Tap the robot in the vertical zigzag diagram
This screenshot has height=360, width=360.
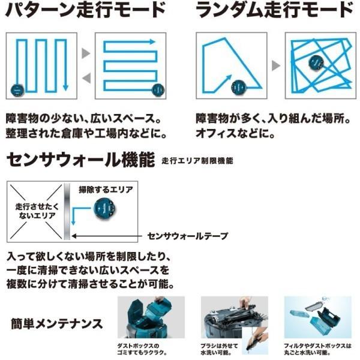tap(17, 91)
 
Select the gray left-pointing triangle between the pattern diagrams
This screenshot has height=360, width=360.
tap(86, 77)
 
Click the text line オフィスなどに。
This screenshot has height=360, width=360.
tap(236, 131)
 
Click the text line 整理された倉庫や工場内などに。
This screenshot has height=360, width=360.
tap(85, 131)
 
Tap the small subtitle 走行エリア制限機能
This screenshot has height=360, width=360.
tap(197, 161)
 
